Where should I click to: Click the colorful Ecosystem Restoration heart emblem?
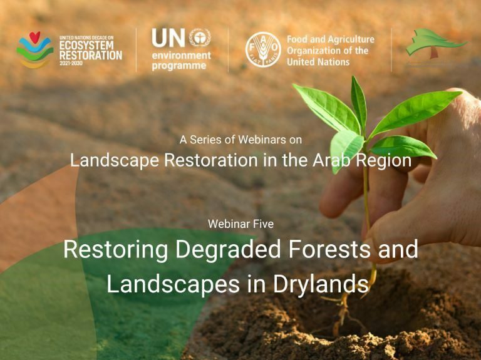(34, 49)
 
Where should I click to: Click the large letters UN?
(168, 39)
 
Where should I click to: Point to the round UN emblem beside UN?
(199, 38)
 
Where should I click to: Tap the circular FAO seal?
(262, 49)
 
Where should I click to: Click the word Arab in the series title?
(335, 160)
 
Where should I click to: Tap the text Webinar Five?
(240, 224)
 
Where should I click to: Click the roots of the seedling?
(341, 313)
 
